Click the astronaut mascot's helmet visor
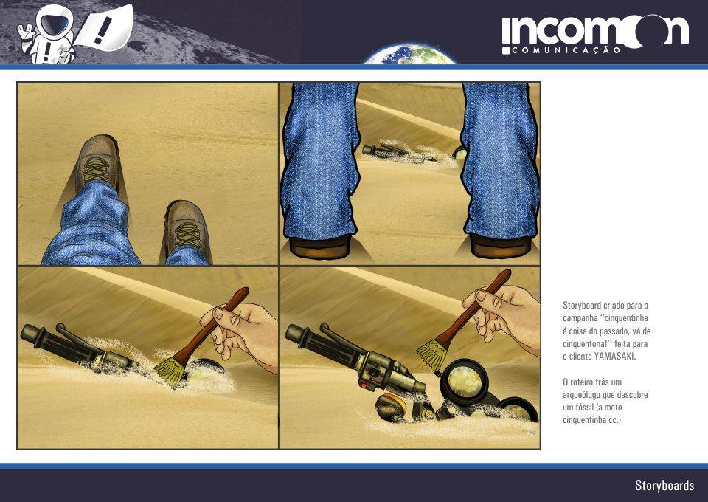pyautogui.click(x=54, y=21)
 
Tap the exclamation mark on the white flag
pyautogui.click(x=103, y=30)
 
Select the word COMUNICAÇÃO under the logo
pyautogui.click(x=566, y=50)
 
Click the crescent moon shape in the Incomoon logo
pyautogui.click(x=647, y=31)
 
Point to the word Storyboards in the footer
pyautogui.click(x=664, y=485)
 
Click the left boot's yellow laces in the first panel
pyautogui.click(x=96, y=169)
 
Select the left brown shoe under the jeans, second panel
pyautogui.click(x=320, y=247)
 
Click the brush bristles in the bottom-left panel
pyautogui.click(x=170, y=371)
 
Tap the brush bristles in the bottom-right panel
pyautogui.click(x=433, y=355)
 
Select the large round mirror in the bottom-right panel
pyautogui.click(x=465, y=382)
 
